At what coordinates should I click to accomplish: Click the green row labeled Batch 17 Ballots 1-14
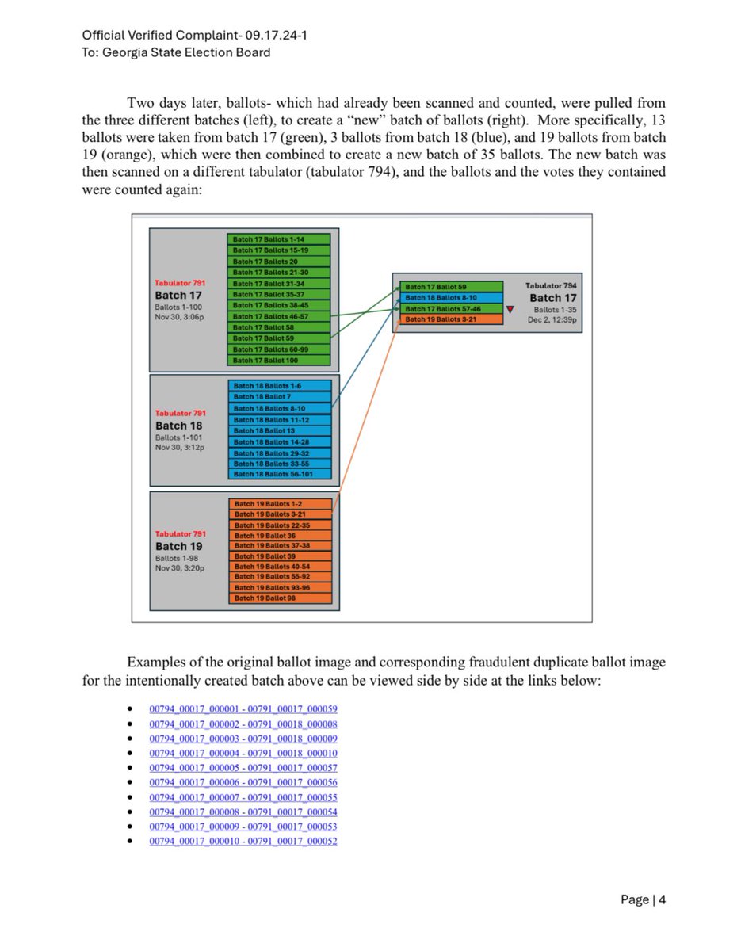coord(278,239)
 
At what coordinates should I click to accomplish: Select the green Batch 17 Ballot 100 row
coord(278,361)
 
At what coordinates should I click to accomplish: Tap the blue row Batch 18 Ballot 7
coord(279,397)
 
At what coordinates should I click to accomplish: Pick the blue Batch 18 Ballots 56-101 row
coord(279,474)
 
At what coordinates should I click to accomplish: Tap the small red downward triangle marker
coord(510,309)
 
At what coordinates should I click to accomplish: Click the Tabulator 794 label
coord(551,285)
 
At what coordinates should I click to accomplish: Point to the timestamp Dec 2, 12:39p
coord(552,320)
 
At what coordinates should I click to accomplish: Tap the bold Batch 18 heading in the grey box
coord(179,426)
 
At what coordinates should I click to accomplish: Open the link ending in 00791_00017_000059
coord(243,708)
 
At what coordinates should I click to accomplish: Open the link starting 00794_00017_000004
coord(243,754)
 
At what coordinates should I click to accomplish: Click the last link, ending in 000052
coord(243,841)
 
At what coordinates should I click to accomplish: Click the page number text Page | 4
coord(643,899)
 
